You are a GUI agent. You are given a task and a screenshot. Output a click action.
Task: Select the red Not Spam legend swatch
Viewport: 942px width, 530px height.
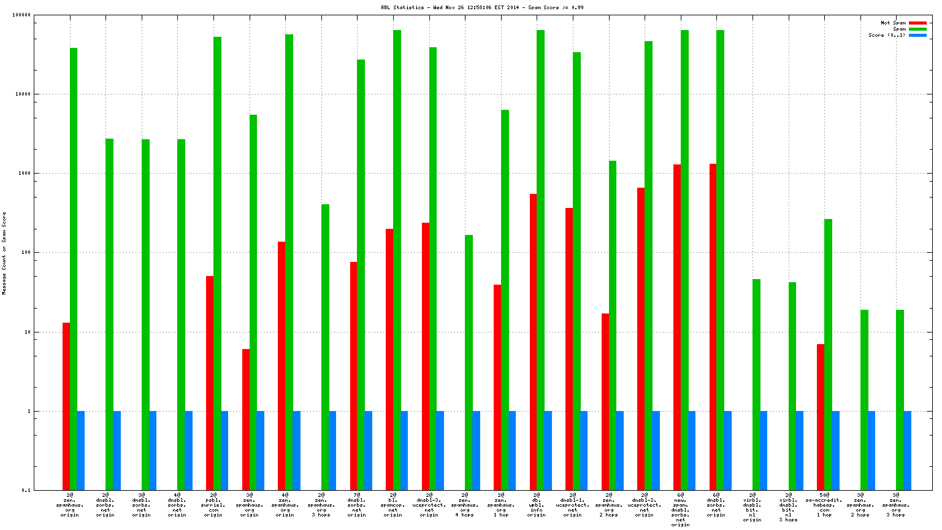coord(917,23)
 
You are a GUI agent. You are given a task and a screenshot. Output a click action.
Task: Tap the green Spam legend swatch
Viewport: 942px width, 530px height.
coord(917,29)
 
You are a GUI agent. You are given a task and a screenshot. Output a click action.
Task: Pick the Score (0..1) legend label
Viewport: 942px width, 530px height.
coord(886,36)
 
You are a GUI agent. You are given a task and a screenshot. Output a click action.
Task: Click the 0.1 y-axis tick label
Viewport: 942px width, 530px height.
coord(26,490)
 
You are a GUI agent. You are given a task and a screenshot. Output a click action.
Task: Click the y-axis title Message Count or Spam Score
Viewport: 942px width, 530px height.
coord(4,253)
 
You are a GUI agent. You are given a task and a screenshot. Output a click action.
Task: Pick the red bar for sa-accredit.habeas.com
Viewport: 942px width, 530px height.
coord(821,417)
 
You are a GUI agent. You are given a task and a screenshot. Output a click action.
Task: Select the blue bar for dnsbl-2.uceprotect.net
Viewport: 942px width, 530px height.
coord(656,450)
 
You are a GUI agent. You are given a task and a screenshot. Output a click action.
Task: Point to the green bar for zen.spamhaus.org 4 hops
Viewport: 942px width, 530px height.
coord(469,362)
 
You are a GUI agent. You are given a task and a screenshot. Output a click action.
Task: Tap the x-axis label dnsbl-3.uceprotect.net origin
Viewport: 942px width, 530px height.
coord(429,504)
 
